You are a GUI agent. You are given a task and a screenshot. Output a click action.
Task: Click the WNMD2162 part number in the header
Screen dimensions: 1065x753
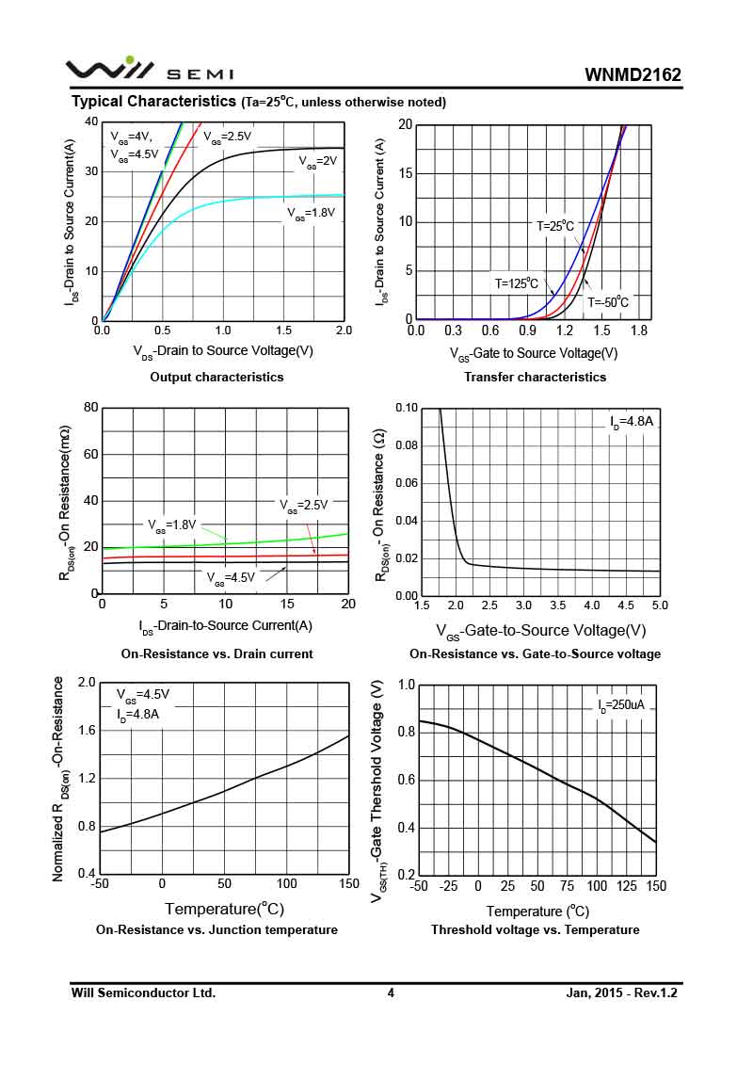(x=633, y=74)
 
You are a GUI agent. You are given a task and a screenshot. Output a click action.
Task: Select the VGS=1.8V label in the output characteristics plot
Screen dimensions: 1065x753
(x=311, y=214)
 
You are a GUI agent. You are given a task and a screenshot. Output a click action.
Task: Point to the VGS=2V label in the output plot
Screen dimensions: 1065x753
(x=317, y=162)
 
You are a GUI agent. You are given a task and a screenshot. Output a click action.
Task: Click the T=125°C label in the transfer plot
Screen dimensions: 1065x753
(x=518, y=282)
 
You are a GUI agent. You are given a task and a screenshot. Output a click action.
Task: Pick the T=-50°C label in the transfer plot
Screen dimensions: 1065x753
(x=608, y=302)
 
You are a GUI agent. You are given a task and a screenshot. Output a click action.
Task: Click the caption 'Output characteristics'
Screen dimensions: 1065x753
(x=216, y=377)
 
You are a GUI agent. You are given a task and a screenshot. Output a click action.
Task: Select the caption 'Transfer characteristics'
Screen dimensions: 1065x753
(x=535, y=377)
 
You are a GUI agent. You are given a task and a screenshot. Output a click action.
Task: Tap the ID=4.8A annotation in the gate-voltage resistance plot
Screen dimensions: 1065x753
(x=631, y=422)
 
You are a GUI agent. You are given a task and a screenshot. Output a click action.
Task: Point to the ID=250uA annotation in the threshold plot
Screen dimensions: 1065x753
(x=626, y=704)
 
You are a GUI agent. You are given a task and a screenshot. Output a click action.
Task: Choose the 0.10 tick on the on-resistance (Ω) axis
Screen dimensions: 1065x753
(x=406, y=408)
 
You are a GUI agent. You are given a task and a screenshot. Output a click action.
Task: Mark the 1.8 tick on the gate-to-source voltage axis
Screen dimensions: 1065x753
(x=639, y=331)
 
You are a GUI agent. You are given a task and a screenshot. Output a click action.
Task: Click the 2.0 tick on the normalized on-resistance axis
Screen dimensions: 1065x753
(x=87, y=682)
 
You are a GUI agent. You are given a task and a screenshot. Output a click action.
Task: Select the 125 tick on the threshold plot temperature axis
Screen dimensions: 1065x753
(x=627, y=886)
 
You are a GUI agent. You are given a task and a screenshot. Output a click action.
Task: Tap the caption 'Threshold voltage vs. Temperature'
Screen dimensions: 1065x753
(x=535, y=929)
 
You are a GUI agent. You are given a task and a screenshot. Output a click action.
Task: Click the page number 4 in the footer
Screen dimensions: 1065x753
(x=391, y=992)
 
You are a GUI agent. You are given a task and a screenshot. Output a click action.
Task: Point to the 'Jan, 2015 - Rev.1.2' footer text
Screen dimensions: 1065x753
(x=622, y=992)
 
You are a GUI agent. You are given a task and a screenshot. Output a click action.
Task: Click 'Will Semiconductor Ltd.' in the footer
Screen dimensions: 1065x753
(x=143, y=992)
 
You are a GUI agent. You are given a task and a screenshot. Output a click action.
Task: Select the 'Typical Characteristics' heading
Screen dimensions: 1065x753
(x=153, y=101)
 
